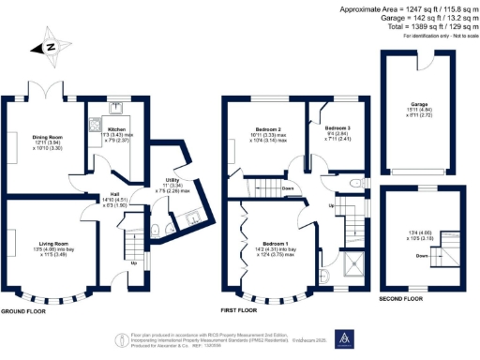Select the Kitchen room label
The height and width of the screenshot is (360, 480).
115,129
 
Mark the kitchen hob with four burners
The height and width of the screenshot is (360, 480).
96,125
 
